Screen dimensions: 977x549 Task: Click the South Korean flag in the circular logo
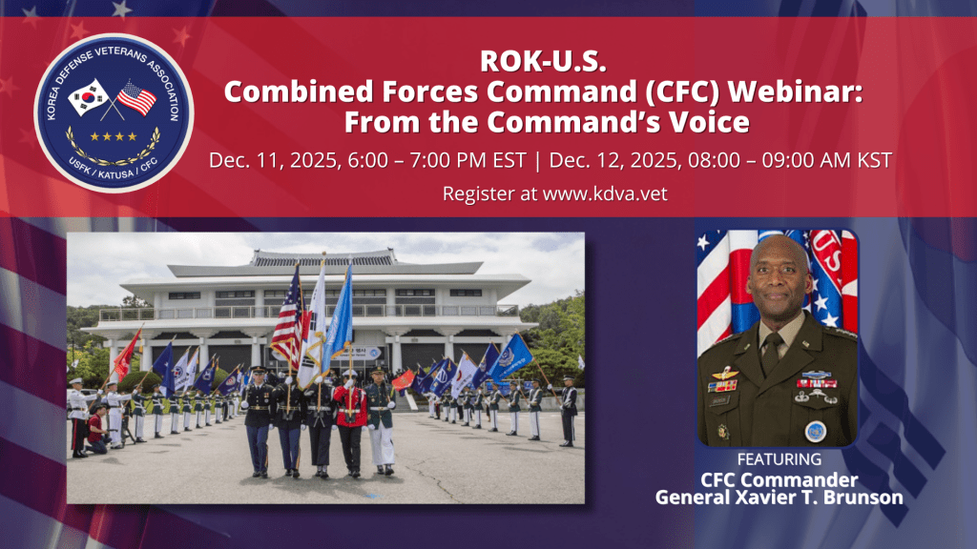89,97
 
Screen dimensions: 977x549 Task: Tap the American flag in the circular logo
137,98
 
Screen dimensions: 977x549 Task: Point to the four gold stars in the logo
114,136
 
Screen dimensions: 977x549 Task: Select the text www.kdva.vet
605,193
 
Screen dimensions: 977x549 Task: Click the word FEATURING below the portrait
779,459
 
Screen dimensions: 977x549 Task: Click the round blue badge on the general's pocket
816,432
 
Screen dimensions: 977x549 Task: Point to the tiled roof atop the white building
323,257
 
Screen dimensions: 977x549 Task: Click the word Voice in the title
709,122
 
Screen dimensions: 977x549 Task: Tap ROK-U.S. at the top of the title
543,61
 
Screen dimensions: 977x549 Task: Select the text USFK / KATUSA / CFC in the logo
114,167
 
